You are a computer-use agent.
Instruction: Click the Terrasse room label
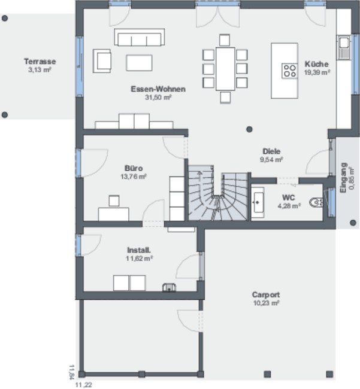pos(40,61)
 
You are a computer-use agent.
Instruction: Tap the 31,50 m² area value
pos(158,97)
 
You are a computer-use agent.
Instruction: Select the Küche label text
pos(316,64)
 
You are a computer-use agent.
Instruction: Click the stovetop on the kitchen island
pos(289,71)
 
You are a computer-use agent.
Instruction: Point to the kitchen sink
pos(344,47)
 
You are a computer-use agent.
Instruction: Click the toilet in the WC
pos(316,202)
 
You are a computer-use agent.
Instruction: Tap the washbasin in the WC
pos(258,203)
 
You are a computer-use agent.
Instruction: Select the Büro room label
pos(134,168)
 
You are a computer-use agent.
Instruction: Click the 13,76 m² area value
pos(134,177)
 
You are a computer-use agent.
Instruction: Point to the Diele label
pos(271,151)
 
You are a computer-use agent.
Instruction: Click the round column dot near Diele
pos(249,129)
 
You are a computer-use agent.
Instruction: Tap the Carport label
pos(266,294)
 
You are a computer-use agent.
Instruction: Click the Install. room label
pos(139,250)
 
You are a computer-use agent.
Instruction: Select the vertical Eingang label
pos(343,178)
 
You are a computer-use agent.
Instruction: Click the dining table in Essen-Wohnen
pos(225,69)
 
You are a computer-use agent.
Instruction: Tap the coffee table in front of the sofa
pos(139,63)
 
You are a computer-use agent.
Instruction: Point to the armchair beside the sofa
pos(102,61)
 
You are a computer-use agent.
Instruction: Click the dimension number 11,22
pos(83,385)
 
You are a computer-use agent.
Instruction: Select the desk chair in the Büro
pos(114,201)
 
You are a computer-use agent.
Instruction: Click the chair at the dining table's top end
pos(225,40)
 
